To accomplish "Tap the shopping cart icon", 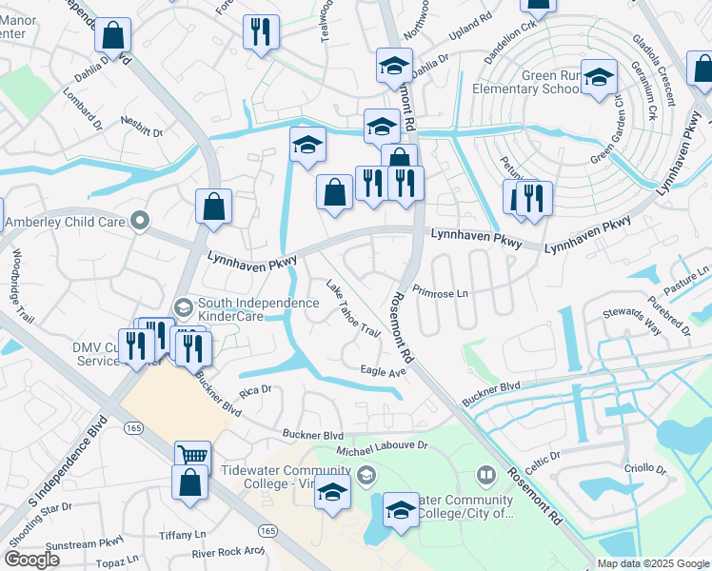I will tap(191, 455).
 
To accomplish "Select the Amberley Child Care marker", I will tap(140, 221).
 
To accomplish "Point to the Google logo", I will tap(31, 560).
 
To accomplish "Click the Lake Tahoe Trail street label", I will tap(353, 307).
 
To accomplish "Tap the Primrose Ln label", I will tap(442, 294).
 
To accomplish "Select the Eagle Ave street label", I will tap(384, 370).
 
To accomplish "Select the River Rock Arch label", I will tap(227, 552).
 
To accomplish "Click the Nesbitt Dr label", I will tap(142, 121).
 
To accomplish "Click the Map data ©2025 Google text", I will tap(652, 563).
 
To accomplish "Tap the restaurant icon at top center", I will tap(258, 31).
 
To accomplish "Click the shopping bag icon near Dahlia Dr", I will tap(112, 37).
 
